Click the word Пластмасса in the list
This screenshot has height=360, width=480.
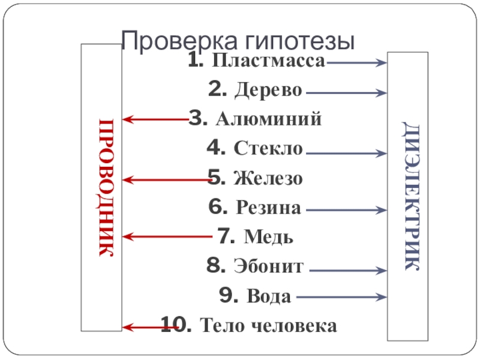coord(269,62)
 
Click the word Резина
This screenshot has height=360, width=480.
coord(269,208)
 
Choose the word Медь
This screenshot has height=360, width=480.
coord(269,237)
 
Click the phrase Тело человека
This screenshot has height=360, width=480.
coord(268,326)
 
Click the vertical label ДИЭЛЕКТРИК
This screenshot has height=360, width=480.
coord(410,196)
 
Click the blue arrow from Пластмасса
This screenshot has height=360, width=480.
coord(356,62)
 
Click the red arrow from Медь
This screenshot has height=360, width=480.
coord(168,236)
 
